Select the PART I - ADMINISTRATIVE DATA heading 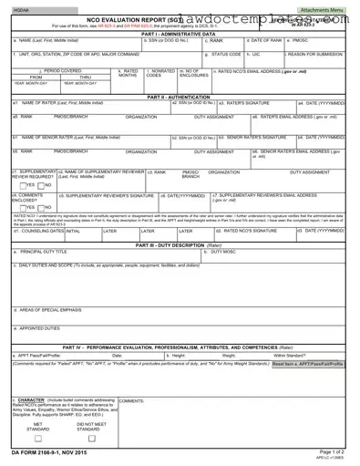180,34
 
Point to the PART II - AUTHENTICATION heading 180,96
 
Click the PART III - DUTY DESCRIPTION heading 180,245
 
